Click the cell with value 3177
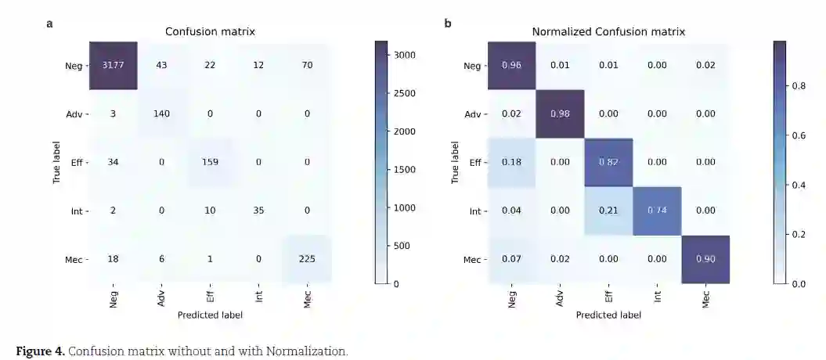[x=113, y=65]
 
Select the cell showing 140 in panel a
[x=161, y=113]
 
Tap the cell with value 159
[x=210, y=162]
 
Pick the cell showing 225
[x=307, y=259]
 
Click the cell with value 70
[x=307, y=65]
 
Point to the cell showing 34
[x=113, y=162]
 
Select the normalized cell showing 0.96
[x=511, y=65]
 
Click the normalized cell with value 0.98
[x=560, y=113]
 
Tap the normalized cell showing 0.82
[x=608, y=162]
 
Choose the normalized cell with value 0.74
[x=657, y=211]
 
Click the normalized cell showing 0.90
[x=705, y=259]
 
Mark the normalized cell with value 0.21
[x=608, y=211]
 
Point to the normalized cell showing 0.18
[x=511, y=162]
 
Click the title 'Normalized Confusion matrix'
[x=608, y=32]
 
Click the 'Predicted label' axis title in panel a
[x=210, y=315]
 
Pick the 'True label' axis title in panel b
[x=455, y=163]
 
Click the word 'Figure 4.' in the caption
[x=39, y=351]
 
